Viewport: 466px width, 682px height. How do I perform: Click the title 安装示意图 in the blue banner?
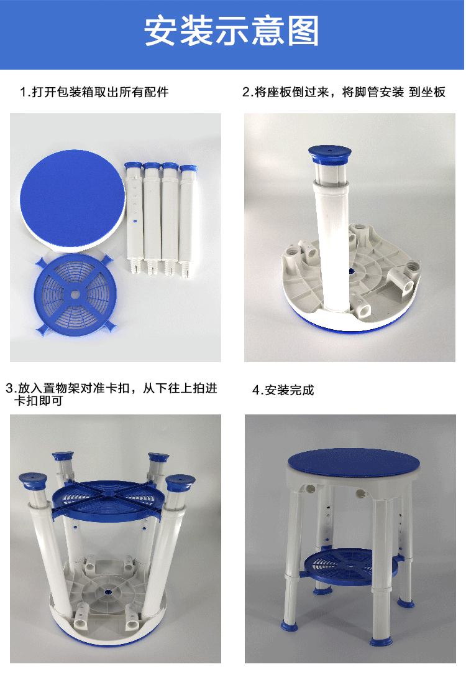[232, 30]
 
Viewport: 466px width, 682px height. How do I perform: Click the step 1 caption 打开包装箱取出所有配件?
[100, 92]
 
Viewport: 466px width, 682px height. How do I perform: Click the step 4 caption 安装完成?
[290, 390]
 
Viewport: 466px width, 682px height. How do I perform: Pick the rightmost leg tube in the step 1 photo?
[188, 220]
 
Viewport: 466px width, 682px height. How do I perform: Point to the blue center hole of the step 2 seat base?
[351, 271]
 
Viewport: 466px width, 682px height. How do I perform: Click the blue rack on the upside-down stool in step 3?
[108, 500]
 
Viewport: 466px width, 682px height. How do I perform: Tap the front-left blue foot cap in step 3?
[33, 481]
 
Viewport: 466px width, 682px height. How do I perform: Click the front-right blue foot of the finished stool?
[381, 640]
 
